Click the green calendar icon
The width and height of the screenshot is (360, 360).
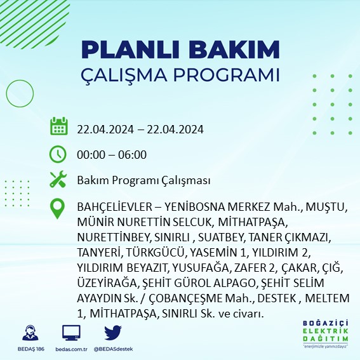(x=58, y=127)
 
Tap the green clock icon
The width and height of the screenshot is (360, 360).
(x=58, y=154)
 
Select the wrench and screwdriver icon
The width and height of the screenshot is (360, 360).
(x=58, y=180)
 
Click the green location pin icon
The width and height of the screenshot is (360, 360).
(x=58, y=209)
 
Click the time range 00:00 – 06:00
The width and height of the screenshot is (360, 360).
(x=112, y=154)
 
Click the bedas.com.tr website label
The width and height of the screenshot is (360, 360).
(x=71, y=349)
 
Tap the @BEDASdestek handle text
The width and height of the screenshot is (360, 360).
(x=113, y=349)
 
